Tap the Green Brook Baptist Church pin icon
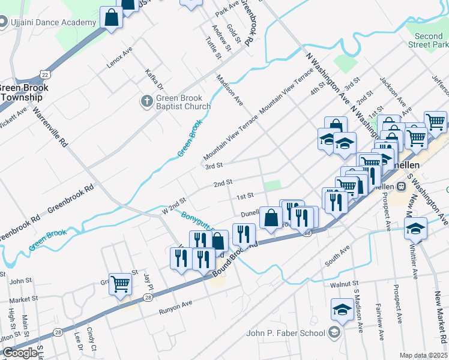[x=147, y=102]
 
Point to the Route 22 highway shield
[x=45, y=74]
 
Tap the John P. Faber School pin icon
[x=334, y=333]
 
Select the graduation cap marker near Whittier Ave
[x=415, y=229]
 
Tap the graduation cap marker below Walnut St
[x=342, y=309]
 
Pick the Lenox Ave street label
[x=119, y=58]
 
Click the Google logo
[x=20, y=353]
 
